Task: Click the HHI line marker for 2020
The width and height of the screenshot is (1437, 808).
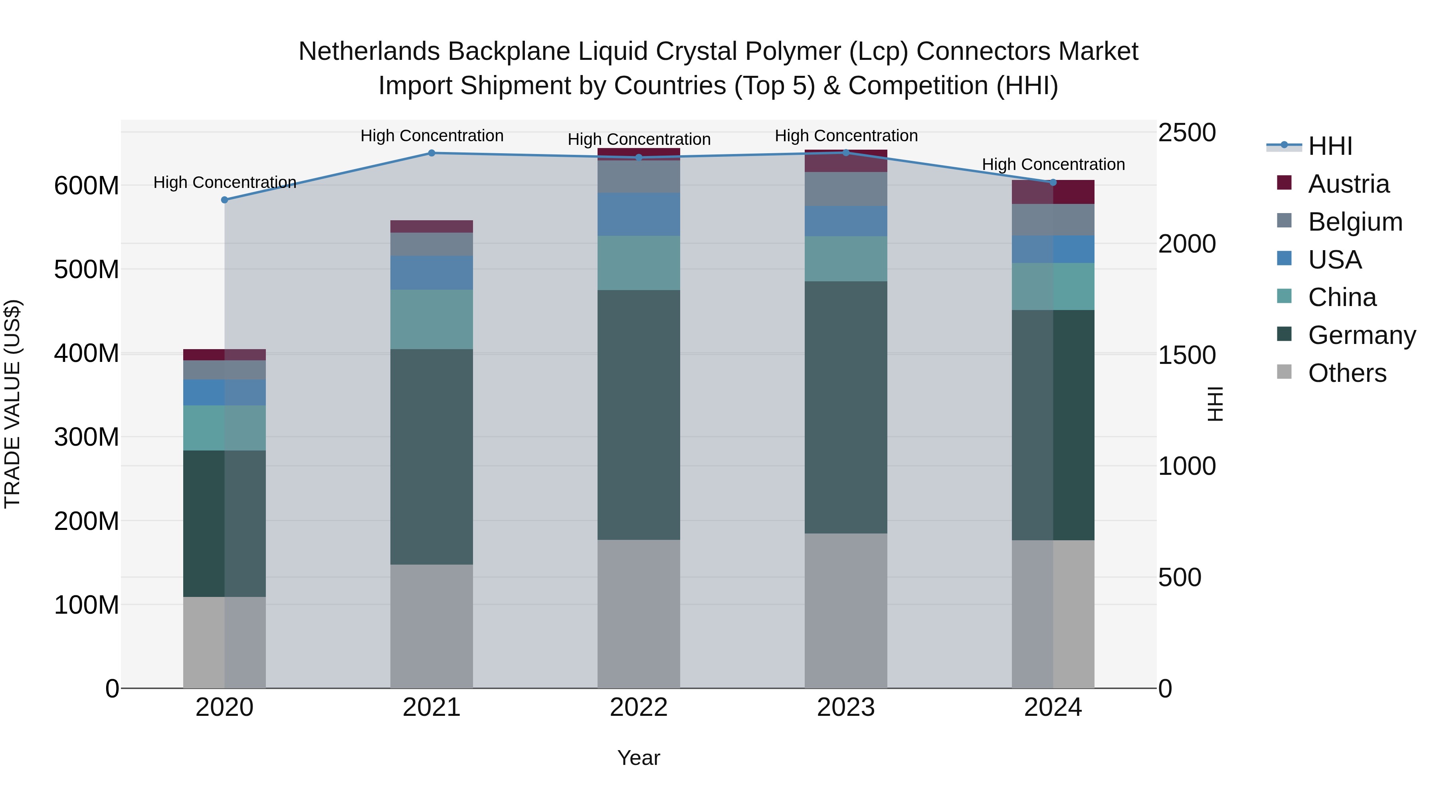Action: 224,200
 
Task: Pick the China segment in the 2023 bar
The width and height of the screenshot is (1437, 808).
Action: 846,259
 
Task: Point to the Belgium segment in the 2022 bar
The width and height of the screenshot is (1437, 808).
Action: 639,177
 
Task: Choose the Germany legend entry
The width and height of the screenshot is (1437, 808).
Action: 1361,335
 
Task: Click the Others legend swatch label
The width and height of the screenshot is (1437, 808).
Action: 1347,373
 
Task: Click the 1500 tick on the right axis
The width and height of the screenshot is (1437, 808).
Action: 1187,355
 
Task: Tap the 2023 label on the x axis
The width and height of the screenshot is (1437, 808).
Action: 846,707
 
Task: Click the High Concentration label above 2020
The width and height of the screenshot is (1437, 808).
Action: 224,182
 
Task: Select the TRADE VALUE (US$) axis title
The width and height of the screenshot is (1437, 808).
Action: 12,404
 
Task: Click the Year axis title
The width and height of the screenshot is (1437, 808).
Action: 638,758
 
